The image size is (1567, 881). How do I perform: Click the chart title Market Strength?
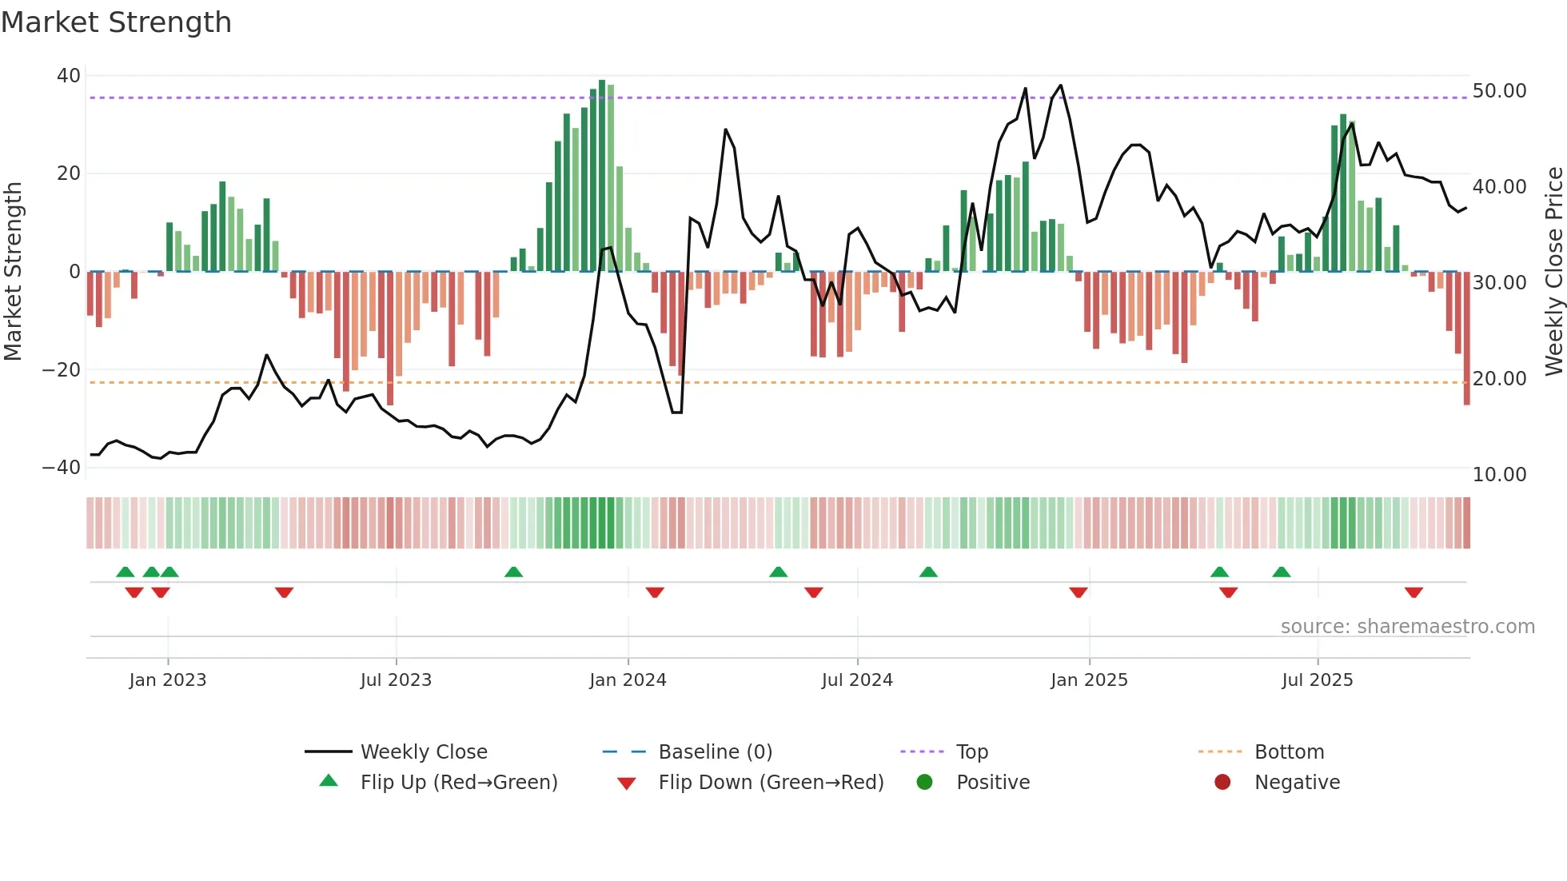[x=116, y=22]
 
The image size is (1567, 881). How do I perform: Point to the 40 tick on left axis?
[x=69, y=76]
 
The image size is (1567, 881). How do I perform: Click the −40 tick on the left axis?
[x=62, y=468]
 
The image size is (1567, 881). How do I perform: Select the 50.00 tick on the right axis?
[x=1499, y=91]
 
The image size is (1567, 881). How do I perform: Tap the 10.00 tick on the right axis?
[x=1499, y=475]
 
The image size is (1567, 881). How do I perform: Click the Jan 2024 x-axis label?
[x=628, y=680]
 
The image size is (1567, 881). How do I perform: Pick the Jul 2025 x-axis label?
[x=1317, y=680]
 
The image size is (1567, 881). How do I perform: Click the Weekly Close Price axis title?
[x=1553, y=272]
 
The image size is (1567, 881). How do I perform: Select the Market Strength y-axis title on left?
[x=14, y=272]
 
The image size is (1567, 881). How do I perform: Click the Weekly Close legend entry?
[x=423, y=752]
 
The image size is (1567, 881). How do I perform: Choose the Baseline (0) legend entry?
[x=715, y=752]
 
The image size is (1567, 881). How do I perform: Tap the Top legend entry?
[x=971, y=752]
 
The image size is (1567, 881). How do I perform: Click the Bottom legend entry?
[x=1289, y=752]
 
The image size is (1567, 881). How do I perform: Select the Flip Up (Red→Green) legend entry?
[x=458, y=783]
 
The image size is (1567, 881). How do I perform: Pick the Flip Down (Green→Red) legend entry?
[x=771, y=783]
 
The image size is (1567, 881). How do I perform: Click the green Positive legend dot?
[x=925, y=783]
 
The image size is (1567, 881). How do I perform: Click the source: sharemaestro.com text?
[x=1407, y=627]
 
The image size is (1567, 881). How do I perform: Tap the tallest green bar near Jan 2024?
[x=602, y=176]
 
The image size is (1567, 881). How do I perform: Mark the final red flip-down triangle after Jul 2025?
[x=1413, y=592]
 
